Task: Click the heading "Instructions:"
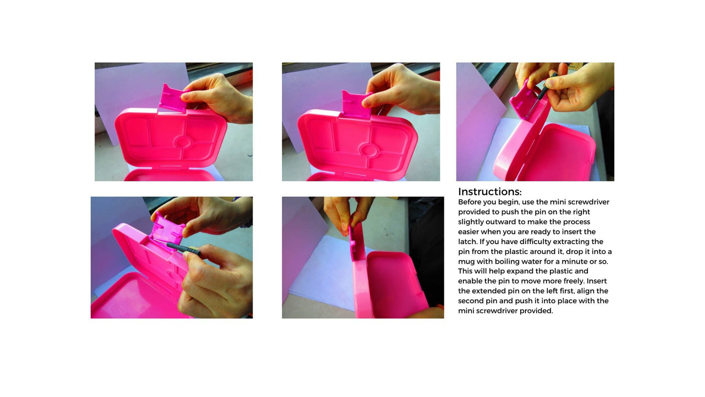[x=489, y=192]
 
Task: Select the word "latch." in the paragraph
[x=467, y=242]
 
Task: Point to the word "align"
[x=587, y=291]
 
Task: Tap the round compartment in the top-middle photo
[x=367, y=149]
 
